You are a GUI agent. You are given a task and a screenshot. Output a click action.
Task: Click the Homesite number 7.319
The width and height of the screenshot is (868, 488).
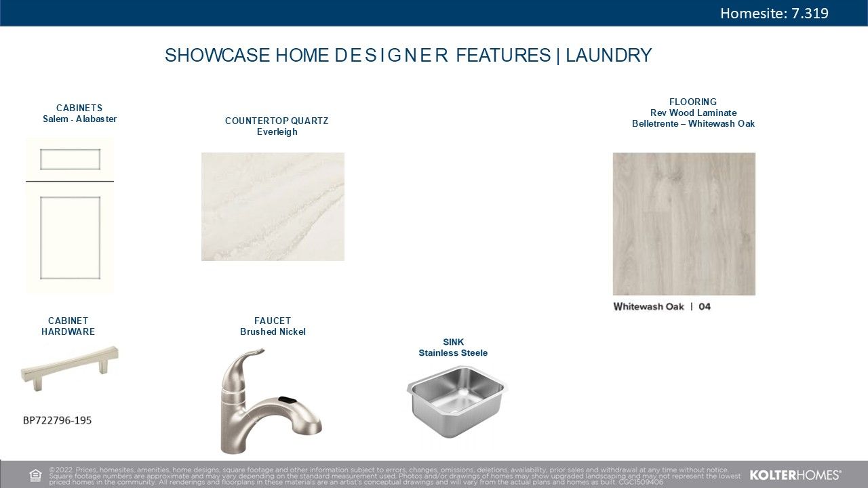pos(810,13)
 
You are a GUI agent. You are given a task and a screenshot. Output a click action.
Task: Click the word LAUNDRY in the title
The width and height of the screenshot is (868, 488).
pos(609,55)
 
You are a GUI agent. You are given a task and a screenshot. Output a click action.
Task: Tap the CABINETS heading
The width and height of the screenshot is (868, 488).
pos(79,108)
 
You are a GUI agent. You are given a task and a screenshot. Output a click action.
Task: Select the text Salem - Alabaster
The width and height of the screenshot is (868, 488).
pos(79,119)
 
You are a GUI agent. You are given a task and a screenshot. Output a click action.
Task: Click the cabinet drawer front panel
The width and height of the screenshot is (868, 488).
pos(70,159)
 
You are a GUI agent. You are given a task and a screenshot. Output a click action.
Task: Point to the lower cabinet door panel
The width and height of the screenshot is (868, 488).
pos(70,237)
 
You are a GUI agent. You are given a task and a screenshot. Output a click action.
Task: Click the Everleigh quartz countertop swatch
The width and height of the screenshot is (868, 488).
pos(273,207)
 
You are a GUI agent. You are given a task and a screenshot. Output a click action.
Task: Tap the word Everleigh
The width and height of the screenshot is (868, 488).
pos(277,131)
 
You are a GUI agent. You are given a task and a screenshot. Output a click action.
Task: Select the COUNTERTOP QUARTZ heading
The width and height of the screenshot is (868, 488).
pos(277,121)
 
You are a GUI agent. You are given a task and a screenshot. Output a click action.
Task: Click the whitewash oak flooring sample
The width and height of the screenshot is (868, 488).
pos(684,224)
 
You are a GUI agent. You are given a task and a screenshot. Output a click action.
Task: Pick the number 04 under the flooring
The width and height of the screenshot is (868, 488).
pos(705,307)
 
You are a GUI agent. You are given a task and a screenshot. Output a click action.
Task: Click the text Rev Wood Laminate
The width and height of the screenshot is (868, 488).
pos(693,113)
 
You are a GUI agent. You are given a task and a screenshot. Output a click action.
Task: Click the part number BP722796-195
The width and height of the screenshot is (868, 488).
pos(58,420)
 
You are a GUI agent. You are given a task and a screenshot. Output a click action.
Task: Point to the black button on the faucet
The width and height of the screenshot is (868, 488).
pos(287,399)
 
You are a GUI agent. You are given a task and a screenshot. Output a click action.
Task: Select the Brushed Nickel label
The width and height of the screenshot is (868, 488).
pos(273,332)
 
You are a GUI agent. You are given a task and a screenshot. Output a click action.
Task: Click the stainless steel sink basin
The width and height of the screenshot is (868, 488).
pos(457,401)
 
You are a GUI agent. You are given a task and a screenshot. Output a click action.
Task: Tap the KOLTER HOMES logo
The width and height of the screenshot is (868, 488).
pos(795,475)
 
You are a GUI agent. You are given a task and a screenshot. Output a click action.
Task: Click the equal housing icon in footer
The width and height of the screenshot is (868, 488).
pos(35,475)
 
